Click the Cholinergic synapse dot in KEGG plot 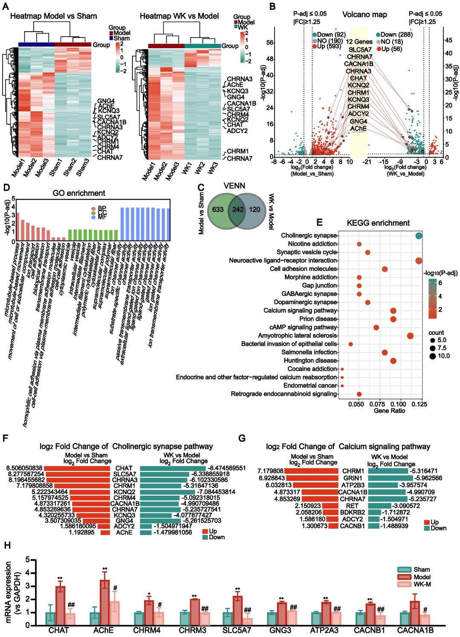tap(419, 236)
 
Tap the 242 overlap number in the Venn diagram tap(238, 209)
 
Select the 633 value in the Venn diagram tap(218, 209)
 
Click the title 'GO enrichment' tap(79, 193)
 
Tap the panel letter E tap(319, 222)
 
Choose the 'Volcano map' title tap(365, 15)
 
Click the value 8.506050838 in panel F tap(24, 468)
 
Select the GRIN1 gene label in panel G tap(353, 478)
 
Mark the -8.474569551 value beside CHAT tap(227, 468)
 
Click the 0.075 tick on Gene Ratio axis tap(377, 404)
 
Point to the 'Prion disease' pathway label tap(318, 319)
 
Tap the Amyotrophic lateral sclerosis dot tap(410, 336)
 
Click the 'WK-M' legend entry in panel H tap(422, 584)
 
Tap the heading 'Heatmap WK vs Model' tap(179, 16)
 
